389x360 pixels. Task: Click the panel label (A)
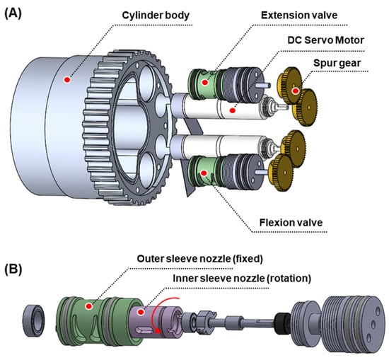coord(13,13)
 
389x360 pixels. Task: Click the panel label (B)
coord(13,269)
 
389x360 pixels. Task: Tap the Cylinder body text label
coord(156,16)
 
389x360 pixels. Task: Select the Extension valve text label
coord(299,16)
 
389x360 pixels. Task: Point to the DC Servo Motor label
coord(325,40)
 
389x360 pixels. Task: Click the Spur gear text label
coord(337,63)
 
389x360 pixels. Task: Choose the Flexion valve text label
coord(291,223)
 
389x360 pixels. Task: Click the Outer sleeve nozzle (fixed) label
coord(199,259)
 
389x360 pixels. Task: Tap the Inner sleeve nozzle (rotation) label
coord(242,278)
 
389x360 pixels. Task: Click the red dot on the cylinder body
coord(67,80)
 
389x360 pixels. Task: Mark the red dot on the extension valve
coord(204,82)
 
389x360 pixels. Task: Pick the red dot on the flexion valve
coord(204,173)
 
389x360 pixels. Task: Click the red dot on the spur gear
coord(295,91)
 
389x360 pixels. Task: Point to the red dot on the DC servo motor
coord(232,110)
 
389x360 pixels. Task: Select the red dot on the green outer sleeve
coord(89,306)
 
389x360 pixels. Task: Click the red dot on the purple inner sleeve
coord(141,312)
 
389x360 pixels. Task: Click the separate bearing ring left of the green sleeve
coord(34,320)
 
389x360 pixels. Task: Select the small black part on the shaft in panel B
coord(283,323)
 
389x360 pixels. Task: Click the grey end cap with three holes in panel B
coord(355,325)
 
